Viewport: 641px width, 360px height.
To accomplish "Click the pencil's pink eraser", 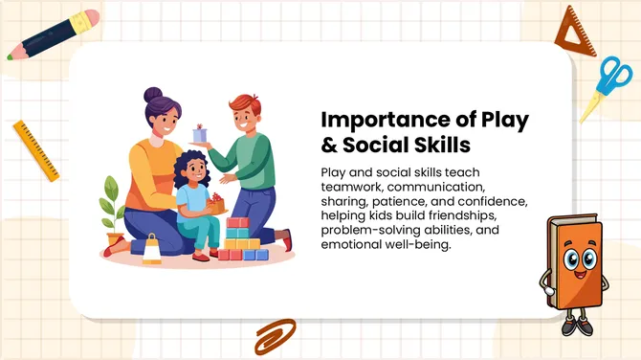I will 89,18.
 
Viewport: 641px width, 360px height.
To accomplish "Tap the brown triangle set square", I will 581,32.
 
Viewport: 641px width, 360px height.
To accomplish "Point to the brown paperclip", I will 275,336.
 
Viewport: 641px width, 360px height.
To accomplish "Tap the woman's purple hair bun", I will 154,96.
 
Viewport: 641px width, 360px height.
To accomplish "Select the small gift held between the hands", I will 200,132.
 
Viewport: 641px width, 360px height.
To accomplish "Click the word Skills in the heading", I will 438,146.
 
